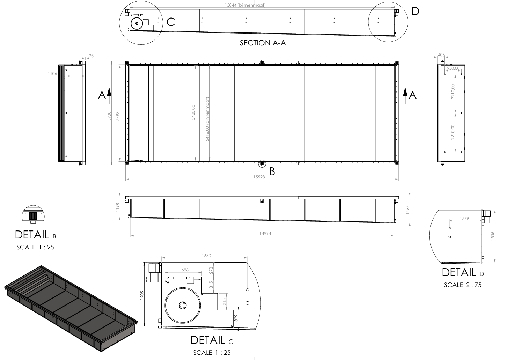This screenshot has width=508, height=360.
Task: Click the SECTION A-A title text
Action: (x=263, y=43)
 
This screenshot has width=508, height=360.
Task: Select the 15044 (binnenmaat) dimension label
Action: (x=245, y=5)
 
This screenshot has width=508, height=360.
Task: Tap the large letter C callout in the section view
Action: (x=170, y=22)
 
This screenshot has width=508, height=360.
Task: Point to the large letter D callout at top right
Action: (x=415, y=11)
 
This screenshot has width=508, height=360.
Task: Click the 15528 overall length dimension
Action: (x=259, y=177)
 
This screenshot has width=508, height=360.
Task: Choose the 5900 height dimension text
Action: (x=109, y=116)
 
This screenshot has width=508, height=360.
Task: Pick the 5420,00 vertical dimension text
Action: (x=193, y=112)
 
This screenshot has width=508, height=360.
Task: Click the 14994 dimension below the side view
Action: (x=265, y=233)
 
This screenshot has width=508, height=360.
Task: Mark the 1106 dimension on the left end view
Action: (x=52, y=73)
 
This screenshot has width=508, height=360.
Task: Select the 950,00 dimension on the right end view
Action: (x=453, y=68)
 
